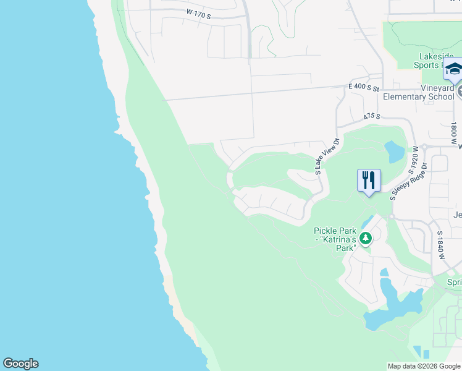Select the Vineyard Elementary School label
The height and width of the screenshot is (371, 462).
(x=419, y=93)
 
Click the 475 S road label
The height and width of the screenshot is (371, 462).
(x=371, y=116)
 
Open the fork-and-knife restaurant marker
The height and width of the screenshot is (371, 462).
(x=369, y=181)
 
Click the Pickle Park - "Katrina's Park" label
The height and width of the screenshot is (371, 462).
(x=337, y=239)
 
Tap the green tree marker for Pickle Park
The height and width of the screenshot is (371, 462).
(x=366, y=237)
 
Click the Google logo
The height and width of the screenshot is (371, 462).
(x=20, y=364)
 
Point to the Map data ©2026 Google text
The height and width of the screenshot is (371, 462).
(x=424, y=366)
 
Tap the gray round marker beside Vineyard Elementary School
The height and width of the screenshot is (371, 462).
(x=460, y=92)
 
